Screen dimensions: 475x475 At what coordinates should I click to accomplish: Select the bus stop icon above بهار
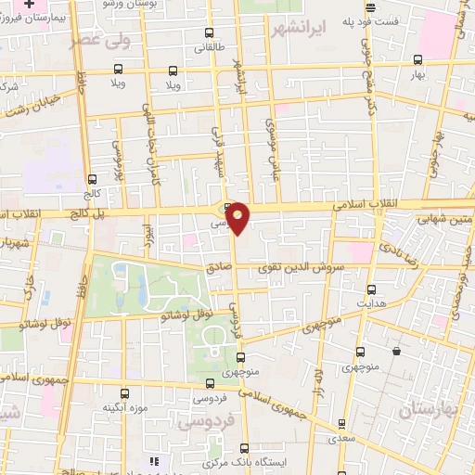pos(417,60)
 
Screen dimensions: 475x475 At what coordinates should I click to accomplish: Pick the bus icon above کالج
pos(91,180)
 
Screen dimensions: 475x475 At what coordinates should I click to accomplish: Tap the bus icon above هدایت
pos(371,289)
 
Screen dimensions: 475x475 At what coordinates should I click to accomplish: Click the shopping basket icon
pos(397,352)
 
